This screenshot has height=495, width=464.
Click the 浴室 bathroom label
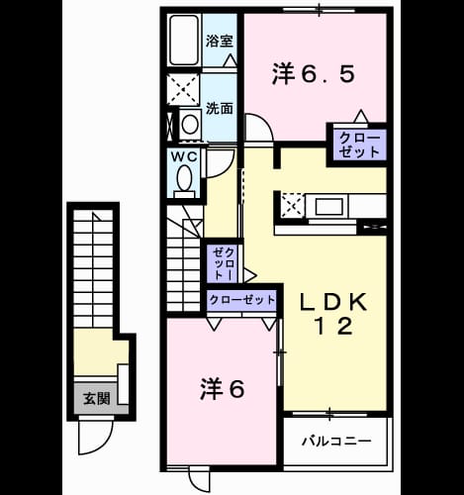pos(220,42)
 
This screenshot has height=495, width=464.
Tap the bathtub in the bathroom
pos(184,40)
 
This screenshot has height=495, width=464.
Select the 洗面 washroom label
pos(220,108)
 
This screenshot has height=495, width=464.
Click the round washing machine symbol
pos(190,125)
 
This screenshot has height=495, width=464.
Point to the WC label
pos(184,157)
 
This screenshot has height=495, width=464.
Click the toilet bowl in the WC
pos(184,178)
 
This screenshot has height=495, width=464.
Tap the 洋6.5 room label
pos(314,74)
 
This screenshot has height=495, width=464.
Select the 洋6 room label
pos(223,389)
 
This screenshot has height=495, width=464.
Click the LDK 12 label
pos(333,314)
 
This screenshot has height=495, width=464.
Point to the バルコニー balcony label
pos(336,441)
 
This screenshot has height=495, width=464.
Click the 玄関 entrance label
pos(96,399)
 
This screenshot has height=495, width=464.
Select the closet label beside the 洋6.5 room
pos(359,146)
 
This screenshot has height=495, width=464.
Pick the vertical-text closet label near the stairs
pos(224,264)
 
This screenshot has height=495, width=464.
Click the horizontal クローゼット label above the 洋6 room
pos(242,300)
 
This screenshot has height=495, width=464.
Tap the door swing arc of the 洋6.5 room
pos(264,123)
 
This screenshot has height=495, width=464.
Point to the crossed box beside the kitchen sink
pos(292,206)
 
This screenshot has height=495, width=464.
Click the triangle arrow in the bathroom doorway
pos(230,60)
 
